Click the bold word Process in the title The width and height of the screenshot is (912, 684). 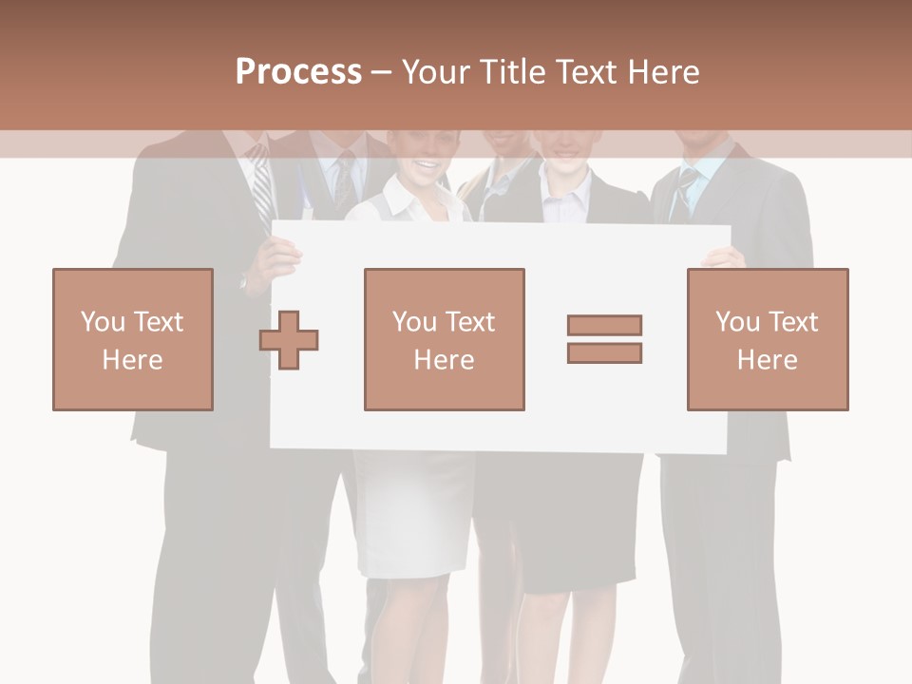coord(298,71)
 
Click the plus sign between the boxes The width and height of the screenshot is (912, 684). coord(289,339)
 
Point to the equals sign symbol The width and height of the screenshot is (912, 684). coord(604,339)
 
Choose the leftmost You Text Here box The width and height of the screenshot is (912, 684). coord(133,339)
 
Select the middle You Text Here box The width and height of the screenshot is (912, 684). coord(444,339)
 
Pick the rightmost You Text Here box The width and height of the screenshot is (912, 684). coord(768,339)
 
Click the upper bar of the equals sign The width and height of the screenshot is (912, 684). coord(604,326)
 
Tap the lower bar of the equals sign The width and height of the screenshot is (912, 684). coord(604,352)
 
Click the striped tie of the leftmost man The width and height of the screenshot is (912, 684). coord(260,190)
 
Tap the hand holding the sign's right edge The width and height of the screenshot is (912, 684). coord(723,256)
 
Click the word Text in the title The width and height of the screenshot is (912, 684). coord(584,71)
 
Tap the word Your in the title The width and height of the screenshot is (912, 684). coord(435,71)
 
